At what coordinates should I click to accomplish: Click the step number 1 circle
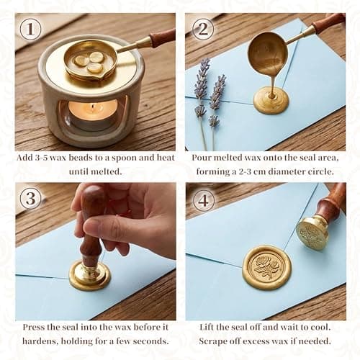pos(30,29)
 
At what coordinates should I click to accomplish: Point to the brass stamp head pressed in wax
pos(90,274)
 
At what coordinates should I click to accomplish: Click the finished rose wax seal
pos(266,267)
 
